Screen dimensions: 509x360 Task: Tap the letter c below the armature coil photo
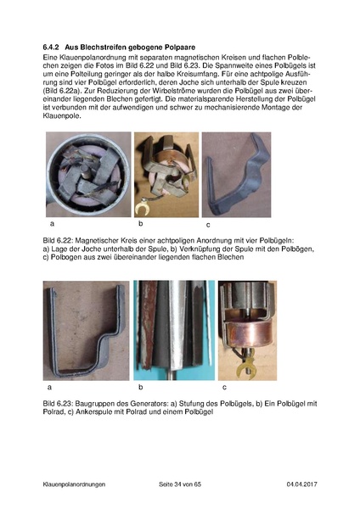pos(223,387)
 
